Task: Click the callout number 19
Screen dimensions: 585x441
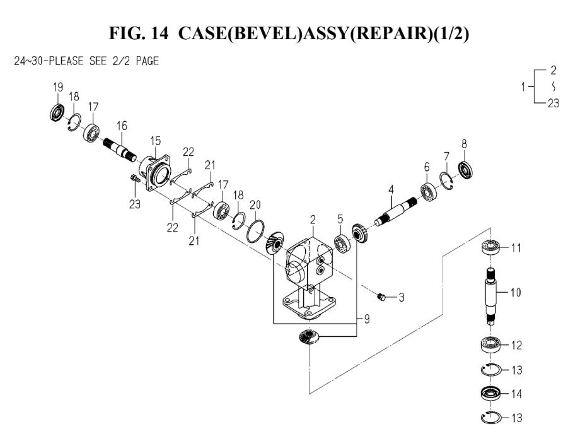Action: (x=58, y=88)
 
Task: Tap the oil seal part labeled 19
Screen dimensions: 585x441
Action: (x=57, y=113)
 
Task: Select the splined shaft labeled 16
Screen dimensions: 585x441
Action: (x=119, y=150)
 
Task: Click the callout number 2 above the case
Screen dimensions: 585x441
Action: (x=313, y=220)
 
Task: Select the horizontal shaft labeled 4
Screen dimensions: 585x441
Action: (x=396, y=212)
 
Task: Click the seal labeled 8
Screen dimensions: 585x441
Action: (x=465, y=170)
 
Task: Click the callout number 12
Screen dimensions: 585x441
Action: (x=516, y=345)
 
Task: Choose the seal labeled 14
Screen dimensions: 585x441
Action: (x=490, y=394)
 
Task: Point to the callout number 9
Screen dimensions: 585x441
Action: (x=366, y=319)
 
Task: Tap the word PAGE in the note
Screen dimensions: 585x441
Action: (x=148, y=61)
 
